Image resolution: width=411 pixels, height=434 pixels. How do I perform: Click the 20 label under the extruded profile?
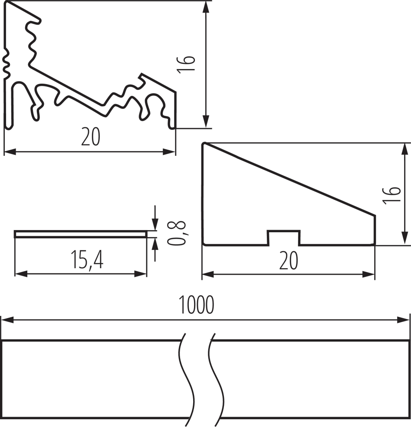point(90,138)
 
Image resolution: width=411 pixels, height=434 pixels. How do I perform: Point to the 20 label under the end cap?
point(289,261)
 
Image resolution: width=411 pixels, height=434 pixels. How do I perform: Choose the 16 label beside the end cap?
point(391,196)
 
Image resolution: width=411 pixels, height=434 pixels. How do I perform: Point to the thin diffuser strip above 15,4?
point(80,234)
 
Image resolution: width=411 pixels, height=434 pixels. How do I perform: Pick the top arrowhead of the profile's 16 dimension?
point(206,7)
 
